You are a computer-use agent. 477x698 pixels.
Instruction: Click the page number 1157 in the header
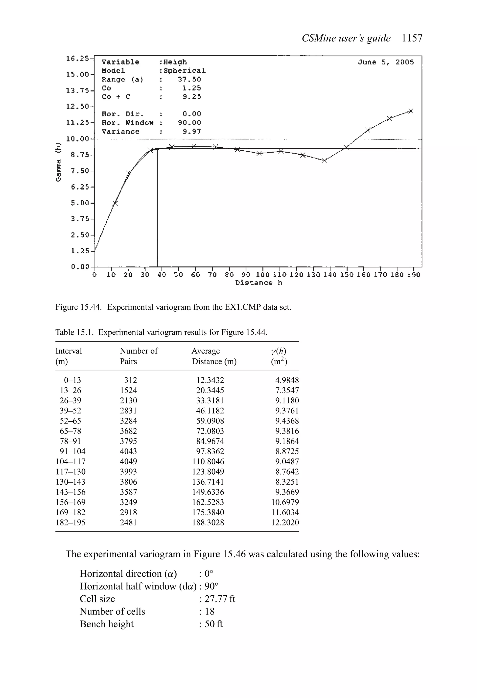point(412,38)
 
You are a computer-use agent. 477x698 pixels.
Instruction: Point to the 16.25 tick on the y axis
point(77,58)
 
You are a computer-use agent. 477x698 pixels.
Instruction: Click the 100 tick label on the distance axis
point(263,275)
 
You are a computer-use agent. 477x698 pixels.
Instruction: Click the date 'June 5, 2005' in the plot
point(386,62)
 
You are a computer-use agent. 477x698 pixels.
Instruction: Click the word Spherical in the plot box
point(184,71)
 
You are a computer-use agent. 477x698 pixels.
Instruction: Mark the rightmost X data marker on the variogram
point(411,111)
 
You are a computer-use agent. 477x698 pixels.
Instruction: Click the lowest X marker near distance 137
point(324,161)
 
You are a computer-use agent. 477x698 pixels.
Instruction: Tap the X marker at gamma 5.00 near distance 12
point(115,203)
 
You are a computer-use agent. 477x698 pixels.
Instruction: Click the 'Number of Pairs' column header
point(139,356)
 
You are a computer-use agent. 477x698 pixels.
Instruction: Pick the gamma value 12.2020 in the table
point(285,522)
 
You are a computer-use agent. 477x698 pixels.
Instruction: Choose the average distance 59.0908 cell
point(210,421)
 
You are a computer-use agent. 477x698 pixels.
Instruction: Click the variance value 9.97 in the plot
point(192,132)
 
